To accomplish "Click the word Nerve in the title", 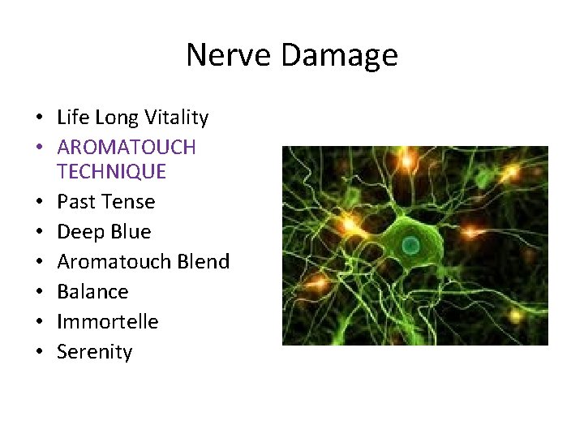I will pos(223,55).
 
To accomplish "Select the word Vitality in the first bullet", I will pos(176,118).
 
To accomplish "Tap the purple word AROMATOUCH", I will pos(127,148).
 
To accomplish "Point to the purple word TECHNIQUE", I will pos(111,171).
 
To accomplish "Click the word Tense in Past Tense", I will pos(130,201).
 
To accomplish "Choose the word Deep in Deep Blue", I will pos(79,233).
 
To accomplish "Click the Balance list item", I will pos(92,291).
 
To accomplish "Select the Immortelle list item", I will pos(107,321).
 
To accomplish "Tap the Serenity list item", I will pos(94,352).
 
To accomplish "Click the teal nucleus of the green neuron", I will pos(411,244).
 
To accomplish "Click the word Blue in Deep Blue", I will pos(130,232).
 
